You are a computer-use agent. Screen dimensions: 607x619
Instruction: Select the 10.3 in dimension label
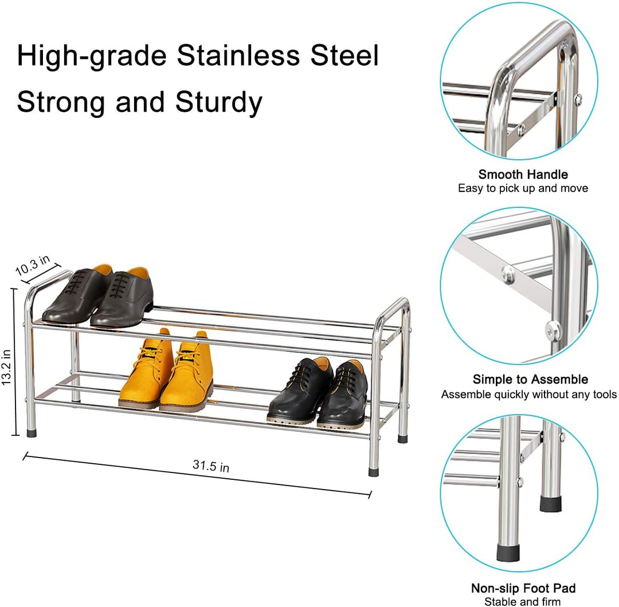pos(37,268)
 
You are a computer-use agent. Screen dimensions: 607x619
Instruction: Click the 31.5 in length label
pos(211,466)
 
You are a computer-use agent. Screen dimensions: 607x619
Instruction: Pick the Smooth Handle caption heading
pos(523,175)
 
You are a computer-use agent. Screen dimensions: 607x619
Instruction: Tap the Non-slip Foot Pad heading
pos(523,588)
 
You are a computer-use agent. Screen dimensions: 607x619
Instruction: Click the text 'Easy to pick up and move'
pos(523,188)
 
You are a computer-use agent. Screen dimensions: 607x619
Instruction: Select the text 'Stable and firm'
pos(523,601)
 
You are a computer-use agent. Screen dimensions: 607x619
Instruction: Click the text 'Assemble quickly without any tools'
pos(528,394)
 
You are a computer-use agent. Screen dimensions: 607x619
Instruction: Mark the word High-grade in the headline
pos(92,56)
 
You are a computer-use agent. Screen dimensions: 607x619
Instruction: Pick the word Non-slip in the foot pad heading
pos(492,588)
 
